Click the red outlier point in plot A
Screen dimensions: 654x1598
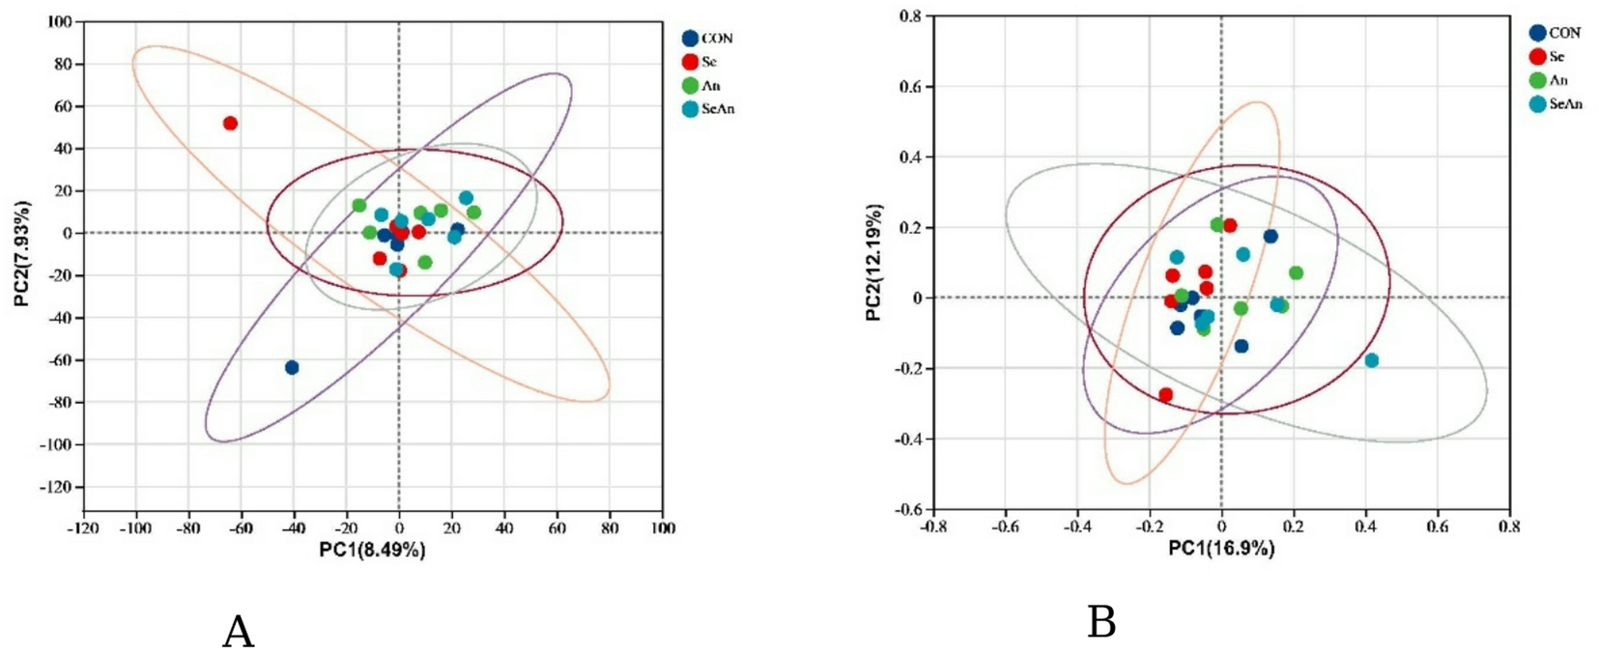tap(230, 124)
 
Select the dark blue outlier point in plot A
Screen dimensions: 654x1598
tap(292, 367)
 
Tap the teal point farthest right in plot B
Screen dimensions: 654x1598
tap(1371, 360)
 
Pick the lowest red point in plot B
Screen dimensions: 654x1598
tap(1166, 395)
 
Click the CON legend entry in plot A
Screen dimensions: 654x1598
tap(716, 39)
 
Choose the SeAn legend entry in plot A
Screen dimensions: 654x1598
tap(717, 109)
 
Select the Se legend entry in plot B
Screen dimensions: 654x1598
tap(1555, 57)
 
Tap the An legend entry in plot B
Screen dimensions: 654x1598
tap(1557, 80)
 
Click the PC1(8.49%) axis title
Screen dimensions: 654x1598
tap(372, 550)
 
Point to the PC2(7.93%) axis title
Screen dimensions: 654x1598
tap(23, 254)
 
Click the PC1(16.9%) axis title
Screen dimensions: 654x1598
tap(1221, 549)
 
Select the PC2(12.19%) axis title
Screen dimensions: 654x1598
tap(874, 262)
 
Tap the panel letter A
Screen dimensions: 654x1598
tap(238, 633)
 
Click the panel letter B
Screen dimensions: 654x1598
tap(1101, 623)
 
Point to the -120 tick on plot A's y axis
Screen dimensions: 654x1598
tap(55, 487)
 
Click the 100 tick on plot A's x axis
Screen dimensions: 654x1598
tap(663, 527)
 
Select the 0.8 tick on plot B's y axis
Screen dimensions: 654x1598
tap(910, 16)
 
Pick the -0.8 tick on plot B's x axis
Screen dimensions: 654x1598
tap(932, 526)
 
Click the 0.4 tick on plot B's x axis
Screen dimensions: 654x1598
tap(1365, 526)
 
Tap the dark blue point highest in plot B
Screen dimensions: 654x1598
tap(1270, 237)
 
